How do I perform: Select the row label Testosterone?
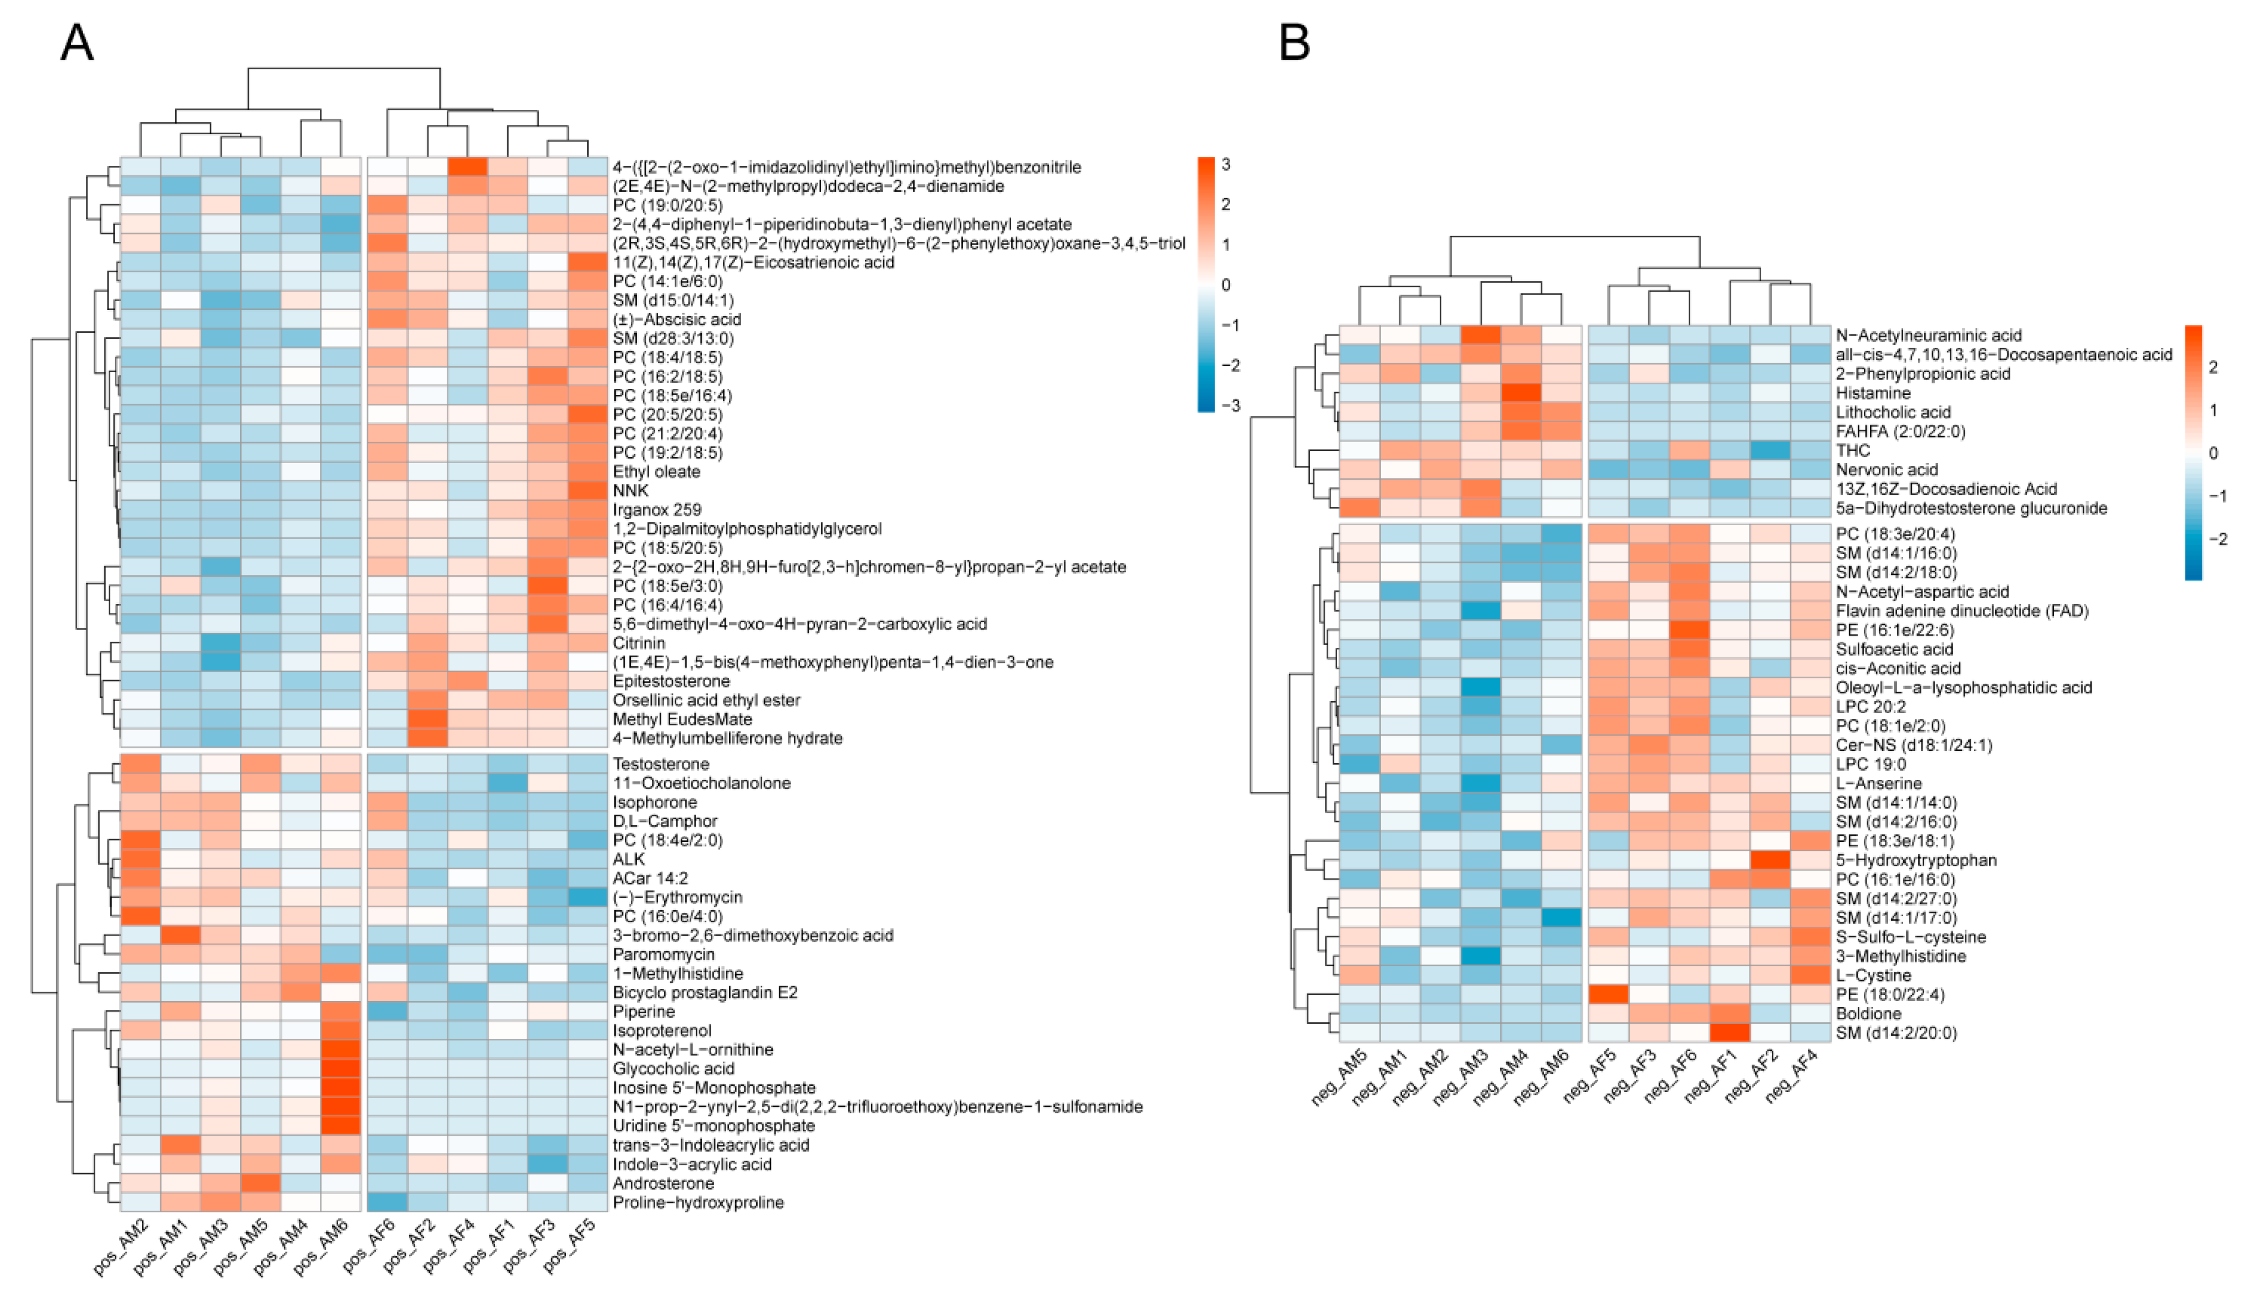pyautogui.click(x=660, y=764)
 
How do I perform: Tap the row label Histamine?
pyautogui.click(x=1873, y=393)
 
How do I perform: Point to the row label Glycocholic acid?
pyautogui.click(x=673, y=1069)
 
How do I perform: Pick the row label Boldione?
pyautogui.click(x=1868, y=1013)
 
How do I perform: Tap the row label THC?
pyautogui.click(x=1853, y=450)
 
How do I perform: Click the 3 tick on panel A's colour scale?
pyautogui.click(x=1226, y=165)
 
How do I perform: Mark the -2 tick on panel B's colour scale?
pyautogui.click(x=2218, y=539)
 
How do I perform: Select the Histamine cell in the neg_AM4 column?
pyautogui.click(x=1521, y=393)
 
